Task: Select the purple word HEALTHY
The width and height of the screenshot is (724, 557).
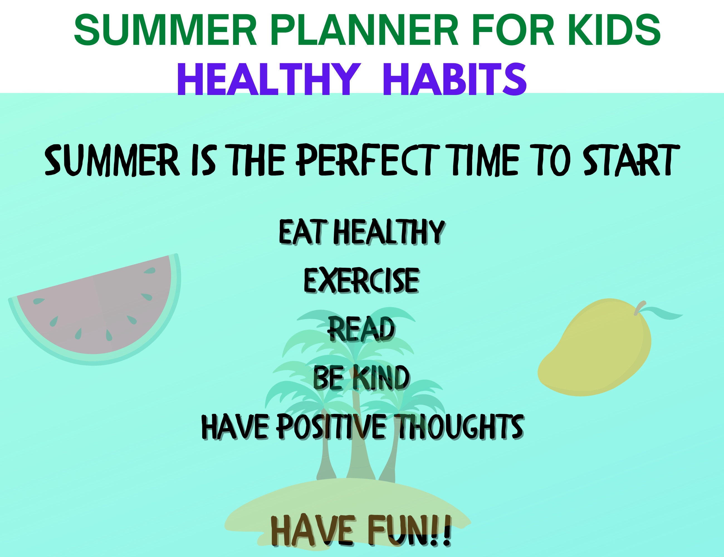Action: point(268,80)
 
